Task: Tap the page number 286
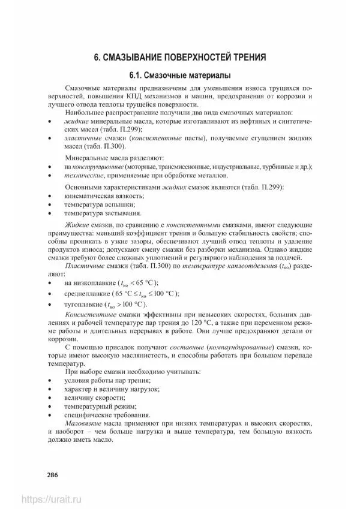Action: [52, 475]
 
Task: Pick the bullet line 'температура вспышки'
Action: [98, 204]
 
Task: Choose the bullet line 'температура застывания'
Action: [103, 213]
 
